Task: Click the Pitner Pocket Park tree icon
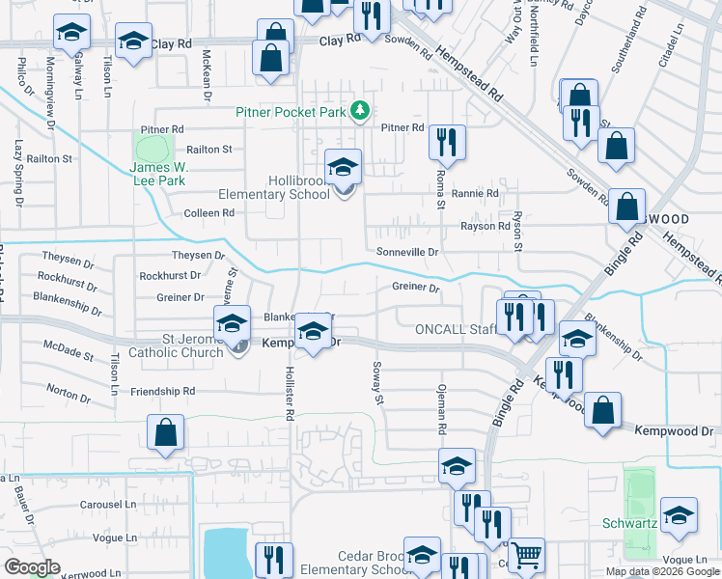click(360, 111)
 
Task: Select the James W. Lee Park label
click(157, 173)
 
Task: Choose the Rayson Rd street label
click(485, 227)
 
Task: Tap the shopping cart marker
click(526, 555)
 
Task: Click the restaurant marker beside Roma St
click(446, 141)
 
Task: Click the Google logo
click(32, 567)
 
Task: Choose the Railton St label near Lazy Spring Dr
click(49, 158)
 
